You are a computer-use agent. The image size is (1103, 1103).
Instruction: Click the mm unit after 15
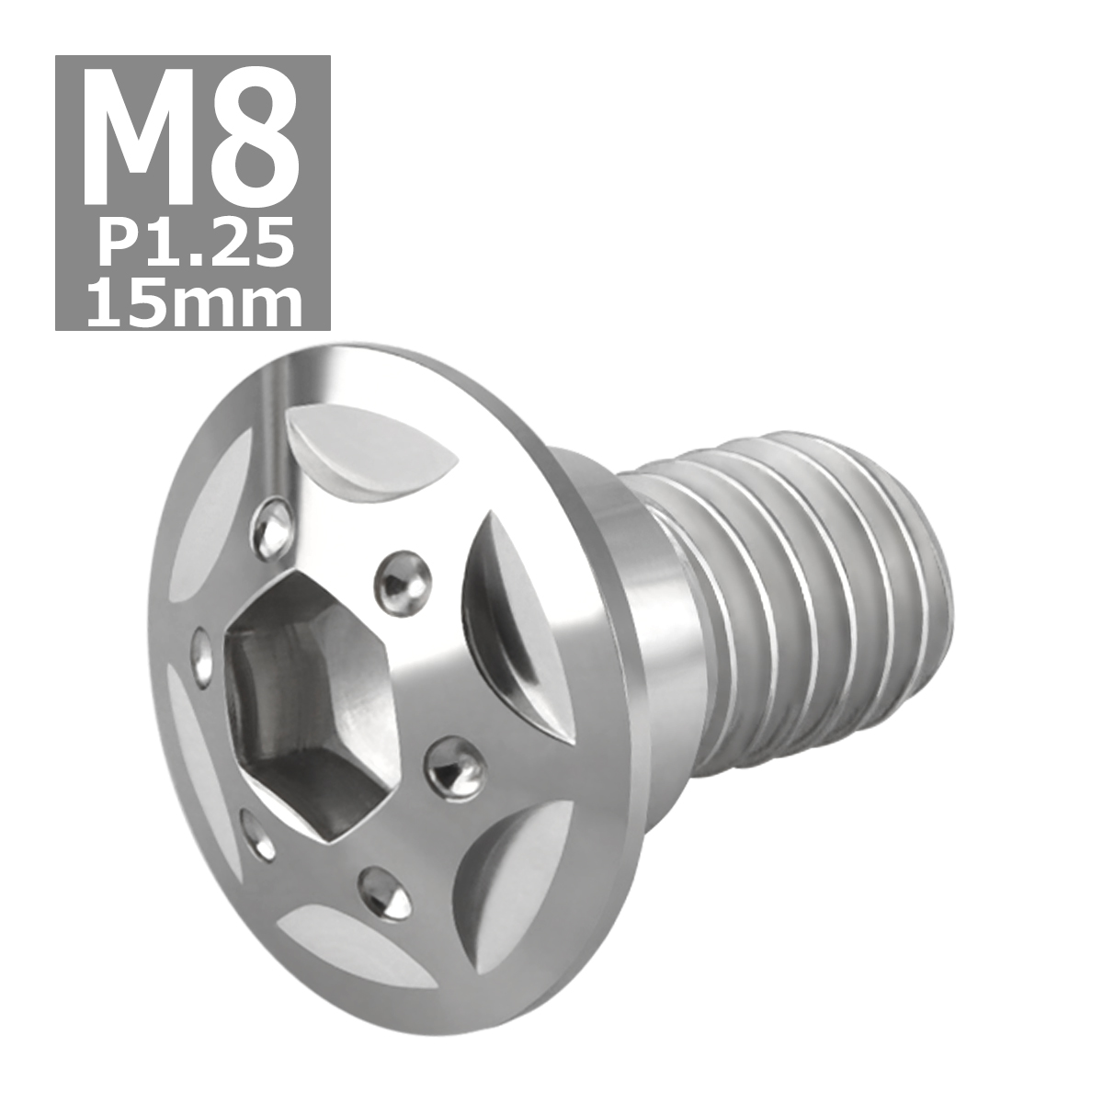[241, 303]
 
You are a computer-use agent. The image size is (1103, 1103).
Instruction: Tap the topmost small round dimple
[273, 524]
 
